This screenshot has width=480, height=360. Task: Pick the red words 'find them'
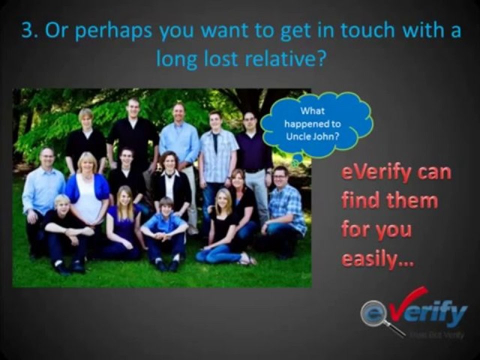[x=389, y=201]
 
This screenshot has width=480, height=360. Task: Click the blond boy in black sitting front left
[x=65, y=230]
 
